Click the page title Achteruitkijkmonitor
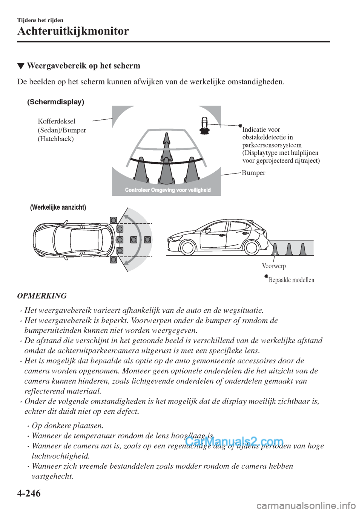click(73, 31)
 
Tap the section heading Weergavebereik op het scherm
click(83, 66)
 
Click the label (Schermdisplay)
click(56, 102)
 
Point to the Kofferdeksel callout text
click(57, 121)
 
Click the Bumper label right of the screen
click(253, 173)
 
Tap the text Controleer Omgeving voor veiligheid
click(167, 190)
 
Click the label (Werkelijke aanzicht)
click(58, 207)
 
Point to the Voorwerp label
click(274, 266)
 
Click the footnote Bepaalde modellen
click(291, 280)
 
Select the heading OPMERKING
click(42, 296)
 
